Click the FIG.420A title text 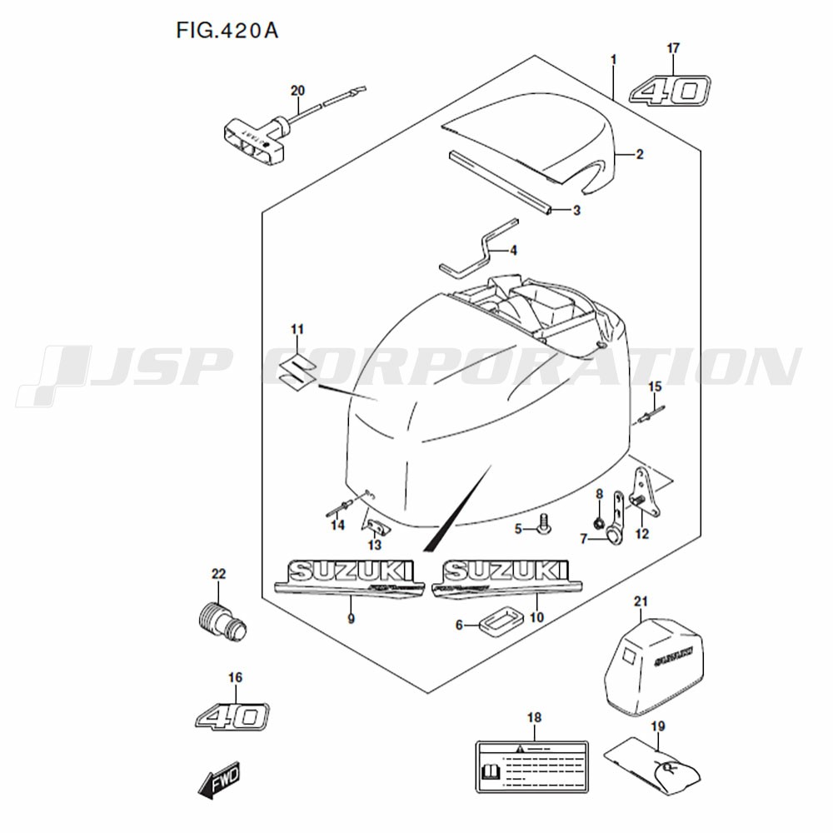(x=227, y=31)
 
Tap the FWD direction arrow (x=219, y=781)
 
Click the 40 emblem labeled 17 (x=670, y=90)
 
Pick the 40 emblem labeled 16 (x=234, y=715)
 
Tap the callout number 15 (x=654, y=386)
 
